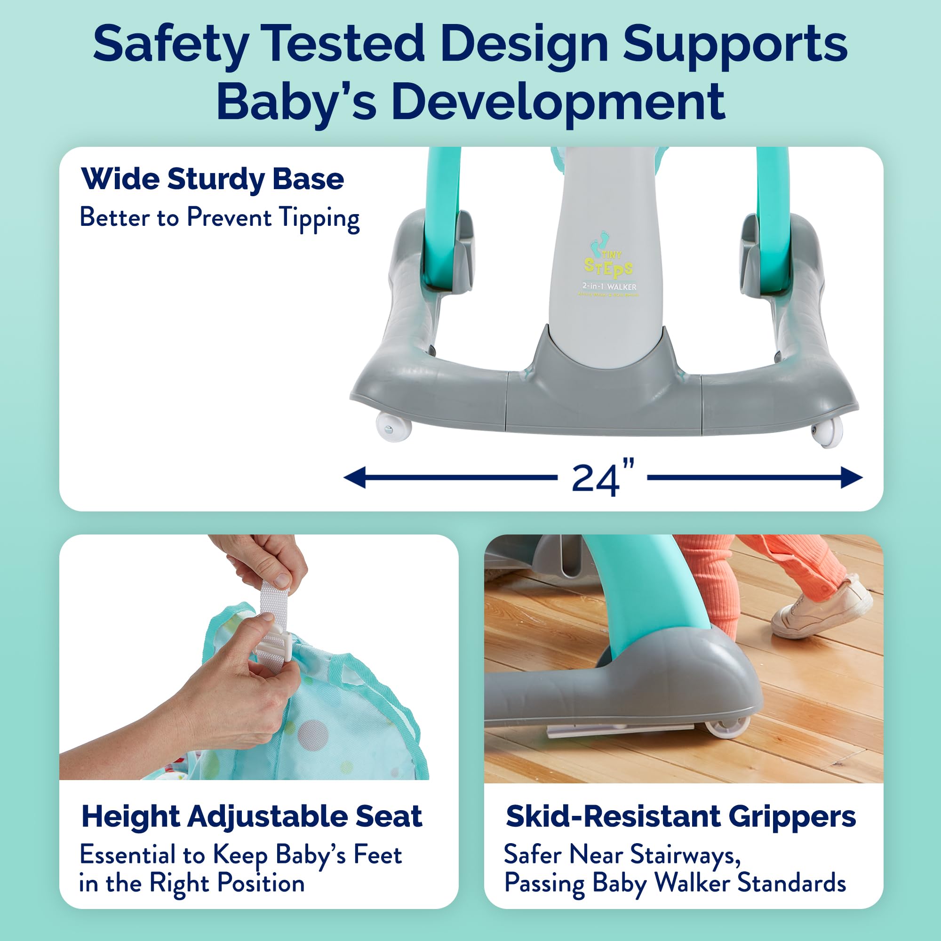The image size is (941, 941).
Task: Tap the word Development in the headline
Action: tap(558, 102)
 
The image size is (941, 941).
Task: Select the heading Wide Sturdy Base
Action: tap(213, 179)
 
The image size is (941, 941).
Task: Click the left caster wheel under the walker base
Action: tap(393, 427)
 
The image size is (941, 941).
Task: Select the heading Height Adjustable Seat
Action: tap(251, 816)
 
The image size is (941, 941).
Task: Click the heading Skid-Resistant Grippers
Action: tap(680, 816)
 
